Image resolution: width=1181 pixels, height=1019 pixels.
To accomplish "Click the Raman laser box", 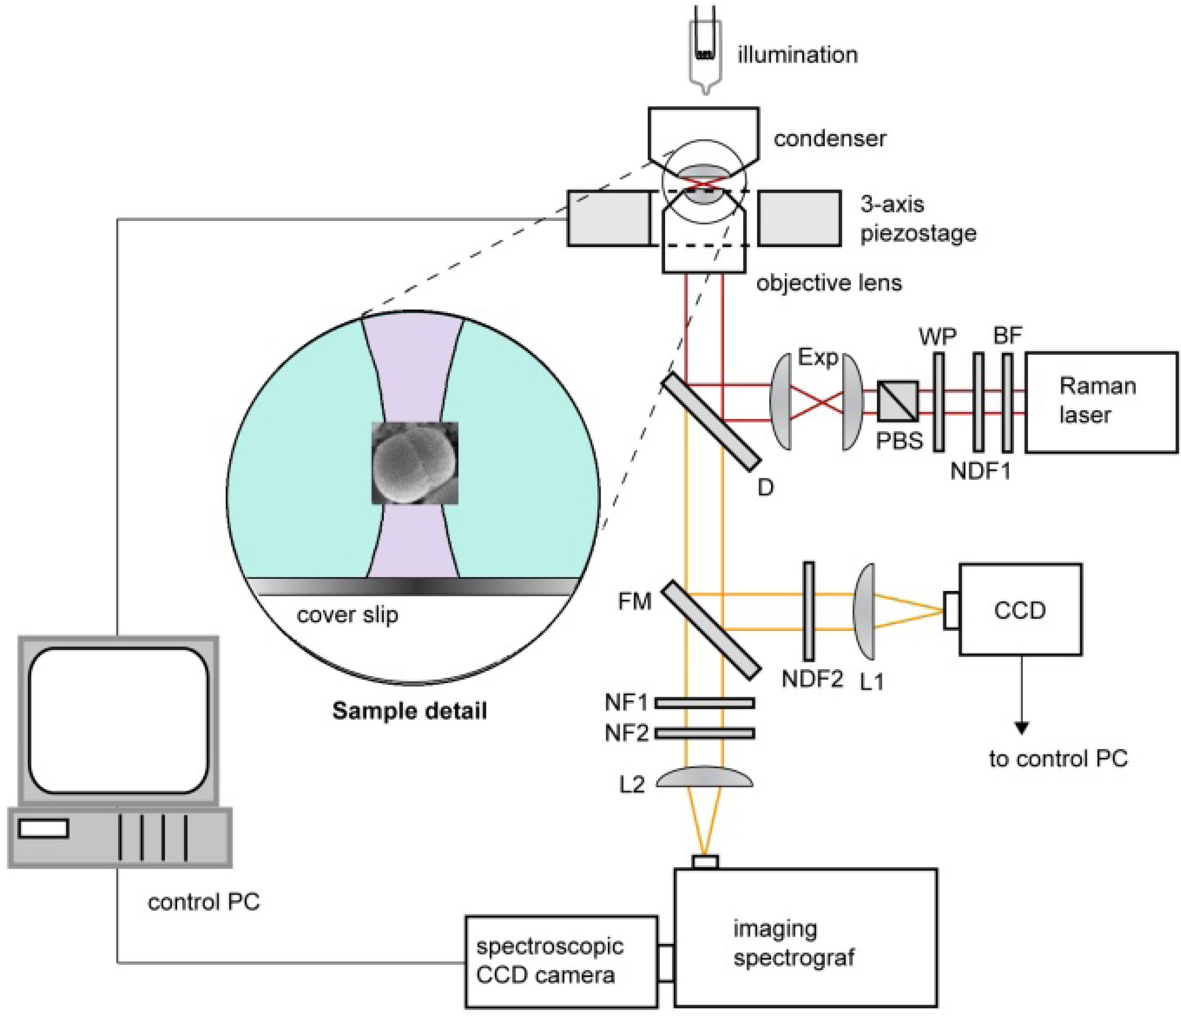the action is [1101, 403].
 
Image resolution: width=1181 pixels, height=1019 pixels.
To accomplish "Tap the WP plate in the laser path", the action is [938, 403].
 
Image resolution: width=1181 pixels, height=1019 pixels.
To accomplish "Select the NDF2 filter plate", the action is [808, 611].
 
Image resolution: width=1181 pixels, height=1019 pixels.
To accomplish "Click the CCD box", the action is [1020, 610].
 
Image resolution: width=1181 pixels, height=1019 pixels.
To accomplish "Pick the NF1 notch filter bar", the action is [705, 703].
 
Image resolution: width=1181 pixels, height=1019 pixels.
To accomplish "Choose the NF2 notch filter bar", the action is [705, 733].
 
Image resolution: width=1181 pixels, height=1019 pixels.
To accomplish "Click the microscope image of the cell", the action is [415, 463].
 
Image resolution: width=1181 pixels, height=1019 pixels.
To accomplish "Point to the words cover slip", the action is [348, 615].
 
